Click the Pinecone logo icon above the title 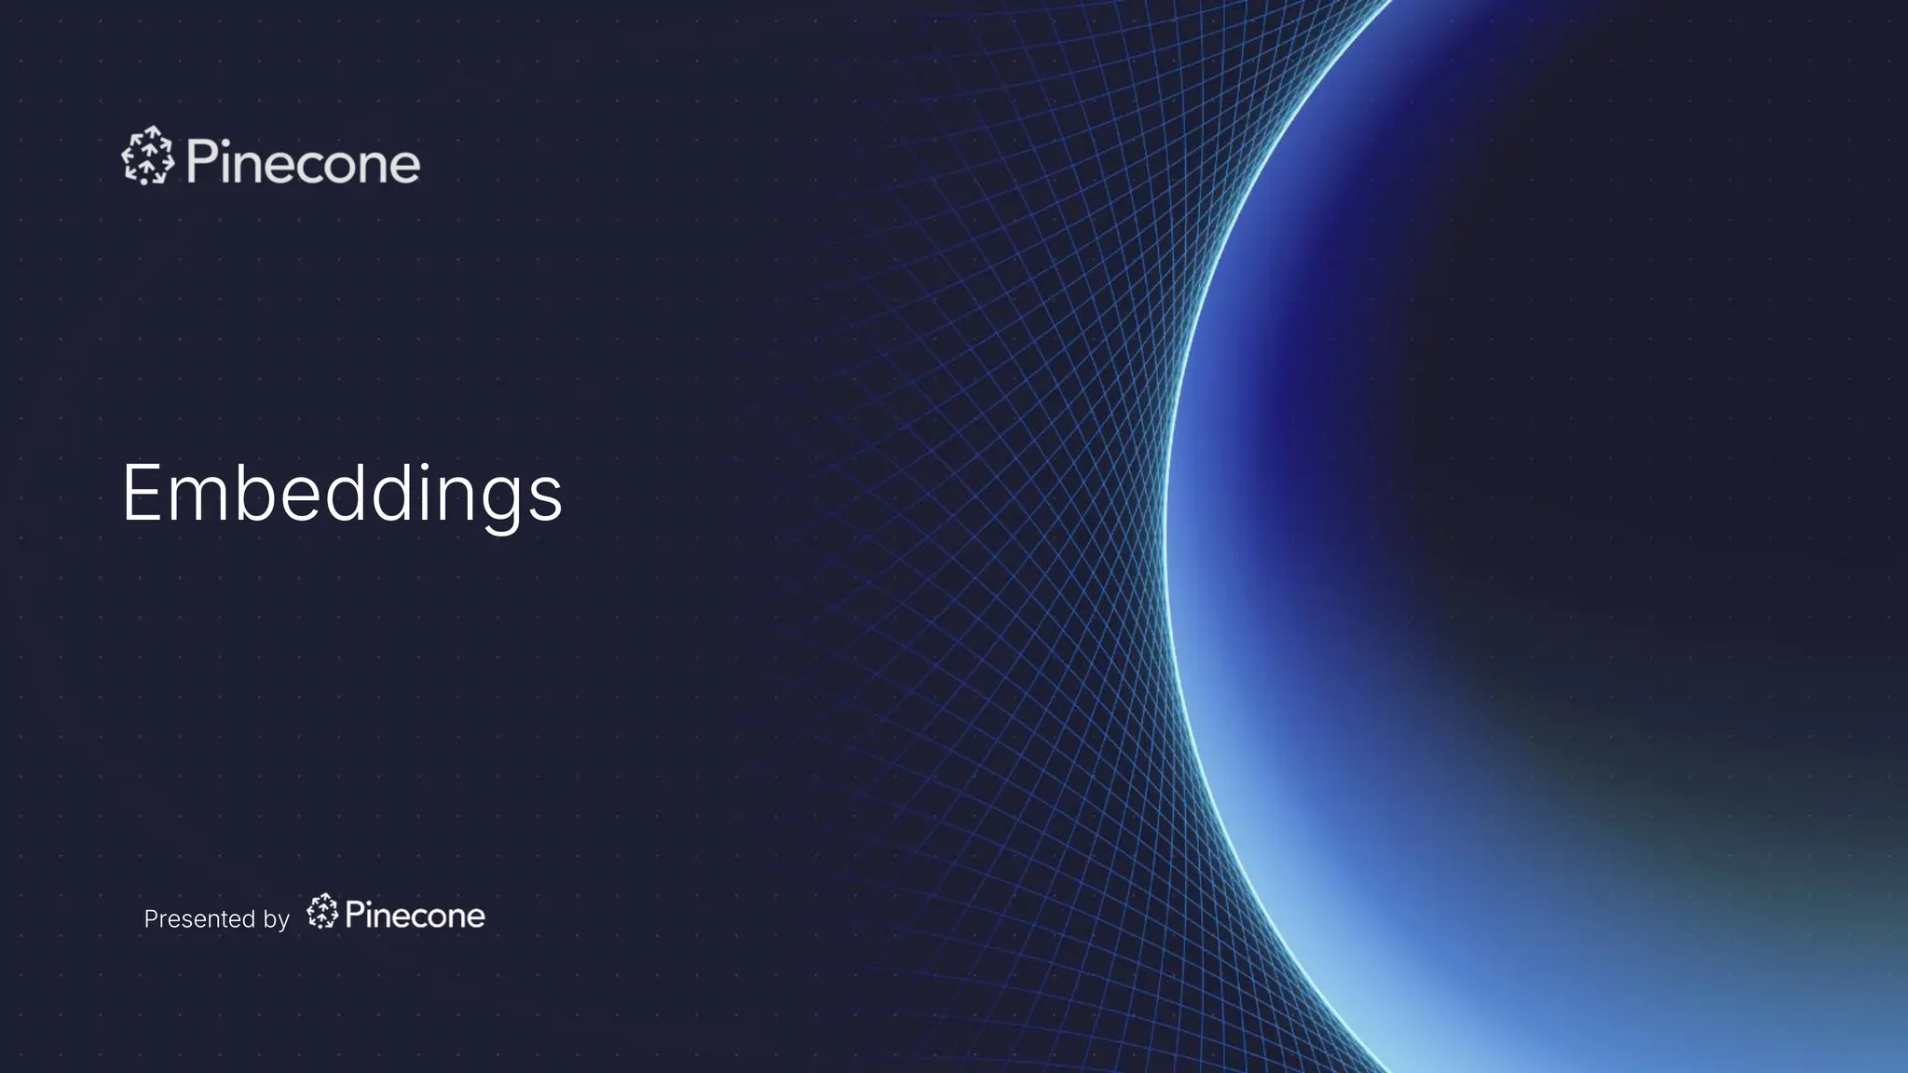147,156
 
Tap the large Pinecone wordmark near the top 303,162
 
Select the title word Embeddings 342,493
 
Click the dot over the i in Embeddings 426,466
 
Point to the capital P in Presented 150,919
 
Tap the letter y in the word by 283,923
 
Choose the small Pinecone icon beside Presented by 322,912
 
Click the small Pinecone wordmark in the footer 415,916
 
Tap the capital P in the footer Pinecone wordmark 354,914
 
